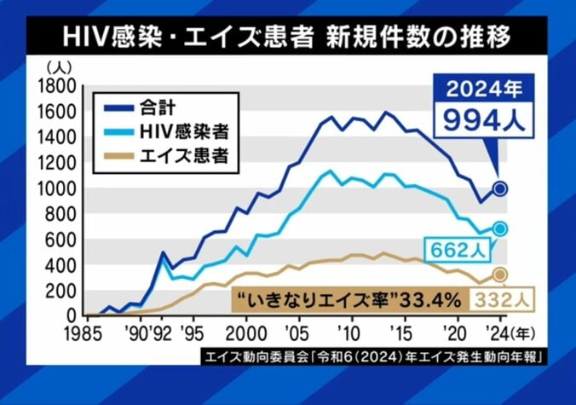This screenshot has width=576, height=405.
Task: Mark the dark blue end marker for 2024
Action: [x=500, y=188]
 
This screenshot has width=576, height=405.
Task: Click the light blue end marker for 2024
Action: [x=500, y=229]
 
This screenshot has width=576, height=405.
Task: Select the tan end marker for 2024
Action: [x=500, y=274]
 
